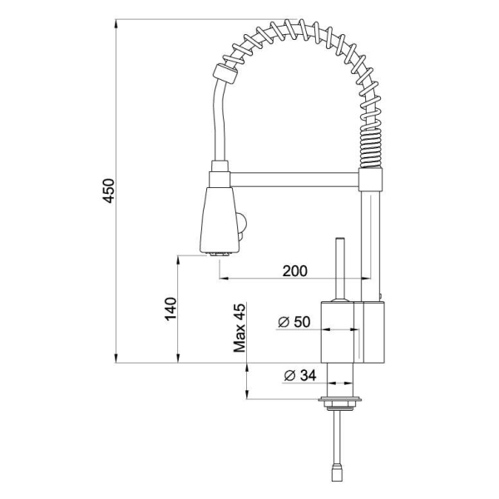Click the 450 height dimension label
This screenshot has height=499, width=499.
[x=109, y=191]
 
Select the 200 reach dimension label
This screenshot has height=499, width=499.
[x=295, y=271]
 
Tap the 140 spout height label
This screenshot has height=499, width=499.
[x=170, y=309]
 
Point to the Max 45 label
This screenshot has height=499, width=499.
[x=240, y=329]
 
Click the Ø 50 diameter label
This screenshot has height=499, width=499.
[x=294, y=322]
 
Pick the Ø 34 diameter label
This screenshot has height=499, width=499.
[x=300, y=376]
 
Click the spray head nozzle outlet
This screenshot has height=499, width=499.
[x=219, y=254]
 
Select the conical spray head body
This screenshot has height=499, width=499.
[x=219, y=220]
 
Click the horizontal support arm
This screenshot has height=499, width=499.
[x=294, y=180]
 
